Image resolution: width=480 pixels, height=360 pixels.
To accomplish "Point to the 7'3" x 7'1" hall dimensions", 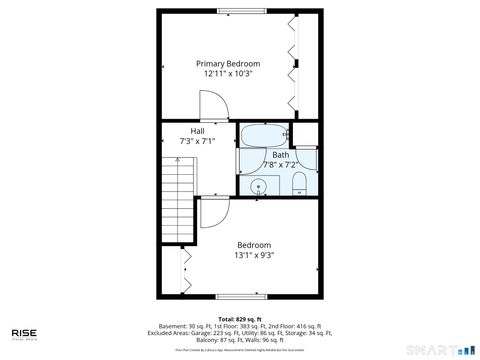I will [197, 141].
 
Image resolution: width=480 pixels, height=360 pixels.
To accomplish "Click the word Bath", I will [280, 154].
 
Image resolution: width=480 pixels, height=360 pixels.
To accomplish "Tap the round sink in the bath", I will [262, 184].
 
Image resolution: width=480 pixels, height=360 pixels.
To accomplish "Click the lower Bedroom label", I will [253, 245].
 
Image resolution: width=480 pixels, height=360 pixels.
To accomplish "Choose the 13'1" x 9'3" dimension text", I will [253, 256].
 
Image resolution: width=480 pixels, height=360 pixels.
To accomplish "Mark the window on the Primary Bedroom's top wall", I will [241, 11].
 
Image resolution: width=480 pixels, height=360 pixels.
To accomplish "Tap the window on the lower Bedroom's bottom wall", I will [241, 295].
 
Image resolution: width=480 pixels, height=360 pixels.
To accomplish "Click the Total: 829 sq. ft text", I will [240, 317].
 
